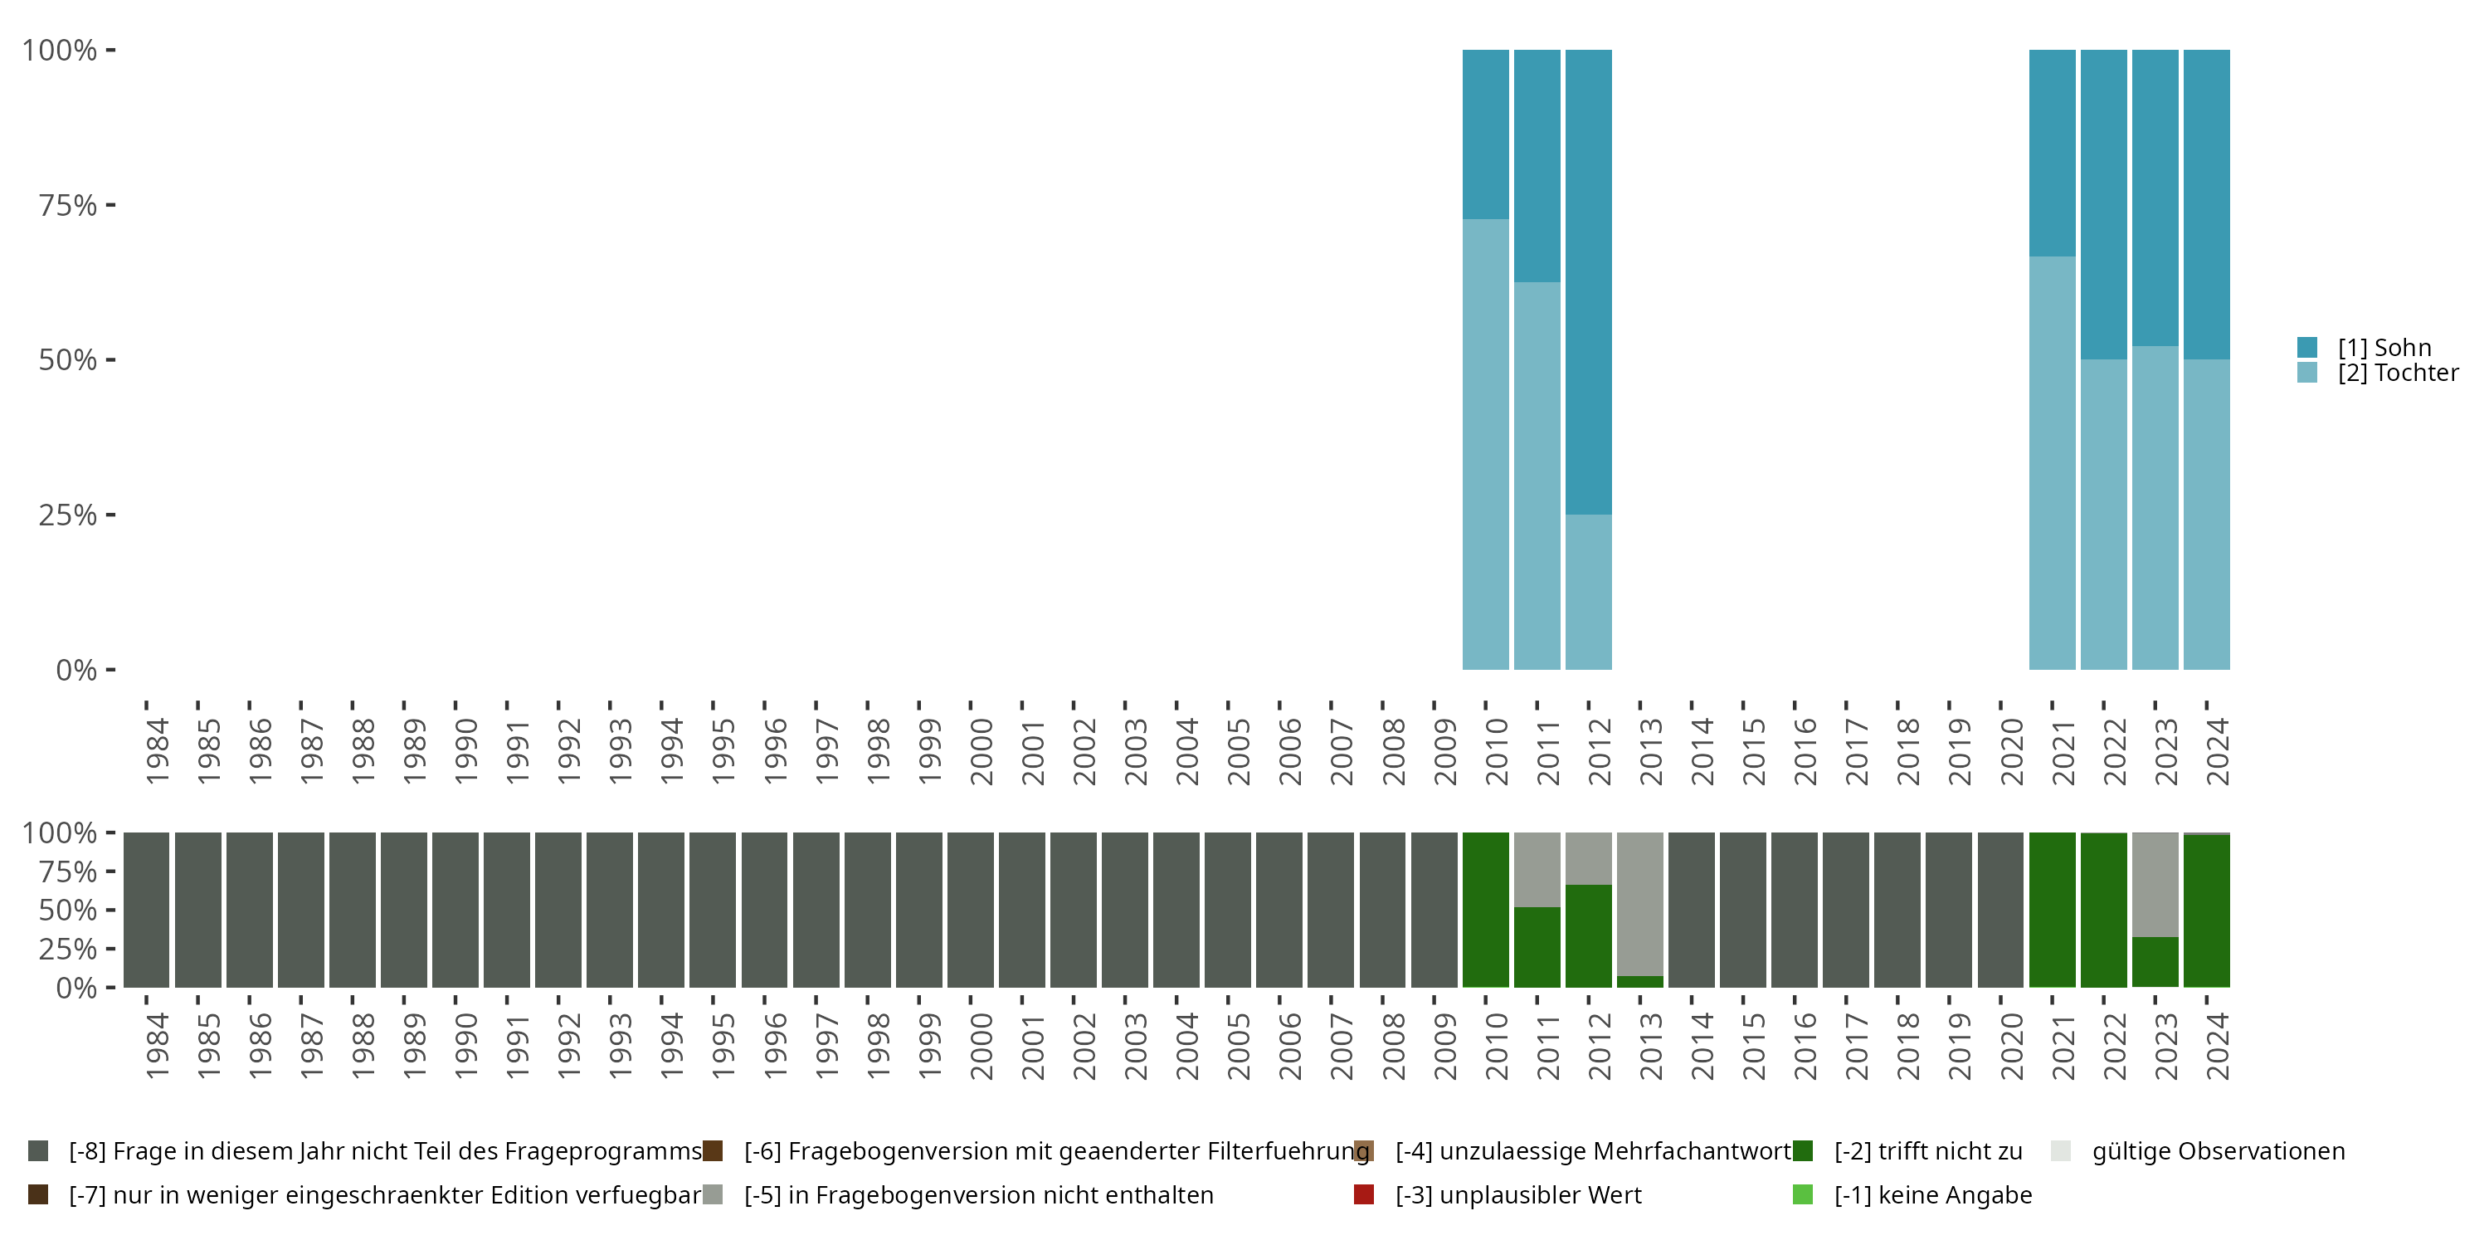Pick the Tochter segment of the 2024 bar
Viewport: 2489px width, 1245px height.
2207,515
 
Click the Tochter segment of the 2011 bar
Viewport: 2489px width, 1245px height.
1537,476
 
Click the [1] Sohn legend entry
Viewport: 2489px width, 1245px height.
2384,348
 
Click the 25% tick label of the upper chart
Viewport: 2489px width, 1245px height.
68,515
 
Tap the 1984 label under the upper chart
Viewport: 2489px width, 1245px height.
158,751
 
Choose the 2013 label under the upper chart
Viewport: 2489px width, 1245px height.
1651,751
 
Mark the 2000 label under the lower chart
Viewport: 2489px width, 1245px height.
981,1046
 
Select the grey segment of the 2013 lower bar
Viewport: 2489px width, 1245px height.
1640,904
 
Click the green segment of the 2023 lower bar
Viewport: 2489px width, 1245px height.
2155,962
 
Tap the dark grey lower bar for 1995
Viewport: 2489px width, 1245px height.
713,910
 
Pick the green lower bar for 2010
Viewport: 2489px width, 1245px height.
1485,910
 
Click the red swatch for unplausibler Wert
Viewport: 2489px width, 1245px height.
1364,1194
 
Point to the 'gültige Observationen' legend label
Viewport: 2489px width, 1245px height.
2219,1151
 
